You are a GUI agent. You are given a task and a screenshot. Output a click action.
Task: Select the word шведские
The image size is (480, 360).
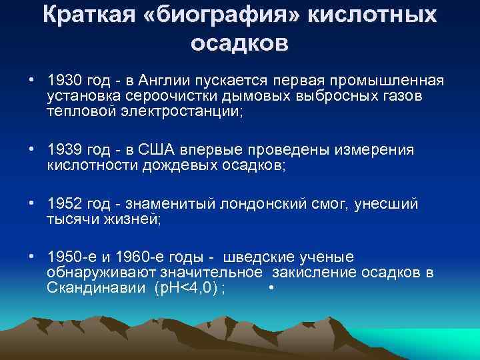coord(256,257)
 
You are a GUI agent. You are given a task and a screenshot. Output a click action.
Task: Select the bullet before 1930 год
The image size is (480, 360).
coord(31,81)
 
